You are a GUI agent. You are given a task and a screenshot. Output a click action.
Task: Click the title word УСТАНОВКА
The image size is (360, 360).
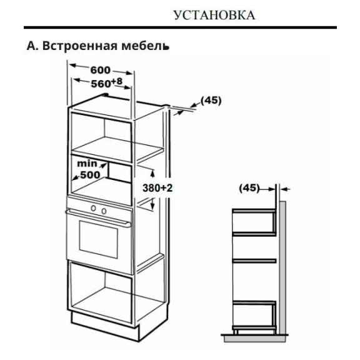pyautogui.click(x=214, y=16)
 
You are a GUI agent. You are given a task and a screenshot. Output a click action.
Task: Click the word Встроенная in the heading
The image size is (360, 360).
pyautogui.click(x=79, y=46)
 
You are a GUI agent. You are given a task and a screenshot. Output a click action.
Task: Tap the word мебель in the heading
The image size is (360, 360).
pyautogui.click(x=146, y=46)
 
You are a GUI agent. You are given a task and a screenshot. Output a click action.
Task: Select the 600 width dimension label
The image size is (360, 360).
pyautogui.click(x=101, y=70)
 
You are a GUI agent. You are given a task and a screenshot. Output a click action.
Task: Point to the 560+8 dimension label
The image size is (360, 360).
pyautogui.click(x=107, y=83)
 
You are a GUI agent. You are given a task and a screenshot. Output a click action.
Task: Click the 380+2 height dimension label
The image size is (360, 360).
pyautogui.click(x=157, y=188)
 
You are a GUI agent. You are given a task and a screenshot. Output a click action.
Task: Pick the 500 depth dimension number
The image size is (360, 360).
pyautogui.click(x=90, y=175)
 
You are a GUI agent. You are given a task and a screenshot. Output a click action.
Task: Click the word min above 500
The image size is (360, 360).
pyautogui.click(x=87, y=164)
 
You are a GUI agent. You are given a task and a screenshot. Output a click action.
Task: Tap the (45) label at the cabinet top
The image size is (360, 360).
pyautogui.click(x=211, y=101)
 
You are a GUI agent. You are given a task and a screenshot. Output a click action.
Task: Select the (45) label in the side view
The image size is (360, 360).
pyautogui.click(x=249, y=188)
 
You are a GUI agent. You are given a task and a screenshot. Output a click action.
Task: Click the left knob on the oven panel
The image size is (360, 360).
pyautogui.click(x=93, y=208)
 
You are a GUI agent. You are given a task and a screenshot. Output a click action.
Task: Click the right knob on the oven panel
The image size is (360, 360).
pyautogui.click(x=104, y=211)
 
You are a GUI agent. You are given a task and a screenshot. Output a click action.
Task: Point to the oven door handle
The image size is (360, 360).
pyautogui.click(x=98, y=218)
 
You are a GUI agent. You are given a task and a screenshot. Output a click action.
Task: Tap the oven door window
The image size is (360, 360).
pyautogui.click(x=99, y=239)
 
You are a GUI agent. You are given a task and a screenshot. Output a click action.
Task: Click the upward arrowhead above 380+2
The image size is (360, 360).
pyautogui.click(x=152, y=172)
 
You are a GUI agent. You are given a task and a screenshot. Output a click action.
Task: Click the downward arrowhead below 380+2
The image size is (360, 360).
pyautogui.click(x=151, y=206)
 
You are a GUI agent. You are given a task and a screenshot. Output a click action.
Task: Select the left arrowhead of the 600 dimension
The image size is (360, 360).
pyautogui.click(x=73, y=66)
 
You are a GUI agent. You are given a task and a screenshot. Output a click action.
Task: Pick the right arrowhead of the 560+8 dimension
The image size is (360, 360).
pyautogui.click(x=127, y=87)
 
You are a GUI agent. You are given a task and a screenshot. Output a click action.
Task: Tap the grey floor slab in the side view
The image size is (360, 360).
pyautogui.click(x=255, y=339)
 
